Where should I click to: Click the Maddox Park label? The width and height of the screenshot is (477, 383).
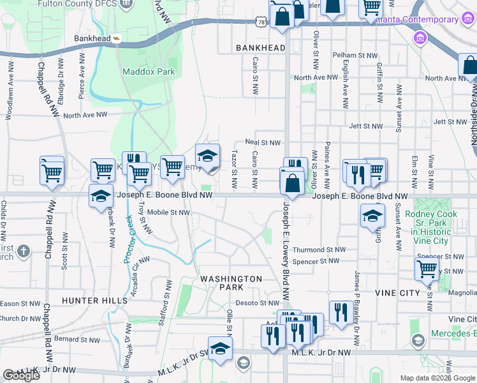[149, 72]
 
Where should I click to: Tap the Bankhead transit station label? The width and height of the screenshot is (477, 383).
[92, 38]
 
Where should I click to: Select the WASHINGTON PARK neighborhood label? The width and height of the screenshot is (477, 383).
[231, 283]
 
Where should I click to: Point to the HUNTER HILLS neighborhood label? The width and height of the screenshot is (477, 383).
[90, 300]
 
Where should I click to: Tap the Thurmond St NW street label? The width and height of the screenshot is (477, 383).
[319, 250]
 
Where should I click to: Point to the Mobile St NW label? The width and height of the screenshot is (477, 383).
[168, 213]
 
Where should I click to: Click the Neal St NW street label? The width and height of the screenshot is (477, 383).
[263, 142]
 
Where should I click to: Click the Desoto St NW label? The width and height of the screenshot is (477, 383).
[258, 303]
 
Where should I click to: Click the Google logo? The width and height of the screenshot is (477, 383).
[21, 375]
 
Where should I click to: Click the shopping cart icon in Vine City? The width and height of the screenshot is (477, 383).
[427, 269]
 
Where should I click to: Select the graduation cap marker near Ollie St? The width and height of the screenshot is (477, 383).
[220, 349]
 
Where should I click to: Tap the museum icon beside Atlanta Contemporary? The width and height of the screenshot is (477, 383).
[420, 38]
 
